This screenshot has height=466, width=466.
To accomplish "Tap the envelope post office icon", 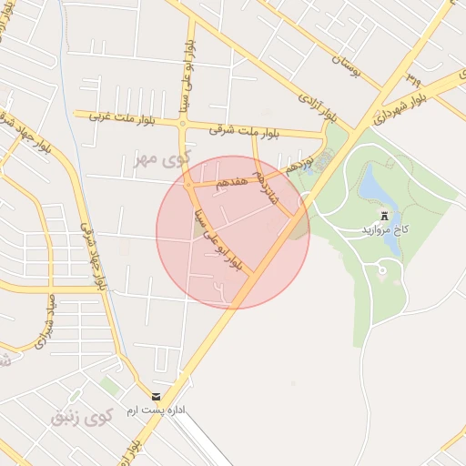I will [157, 397].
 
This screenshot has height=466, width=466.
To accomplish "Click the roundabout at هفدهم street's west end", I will [191, 187].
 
